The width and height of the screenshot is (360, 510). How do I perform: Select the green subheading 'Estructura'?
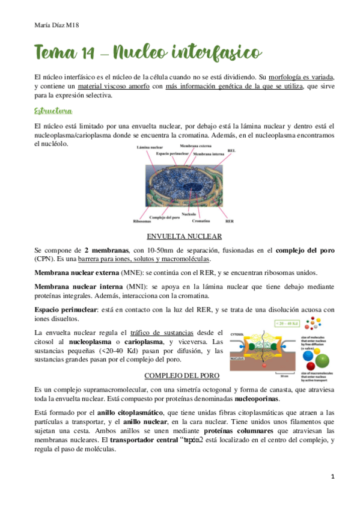point(54,112)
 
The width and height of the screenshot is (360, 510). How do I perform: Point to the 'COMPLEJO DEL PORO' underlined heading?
point(182,376)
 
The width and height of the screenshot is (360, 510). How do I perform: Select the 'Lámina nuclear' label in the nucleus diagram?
point(151,147)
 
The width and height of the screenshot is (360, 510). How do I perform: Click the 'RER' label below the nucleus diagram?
point(229,221)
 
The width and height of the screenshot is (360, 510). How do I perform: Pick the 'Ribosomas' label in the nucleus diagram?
point(142,221)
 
